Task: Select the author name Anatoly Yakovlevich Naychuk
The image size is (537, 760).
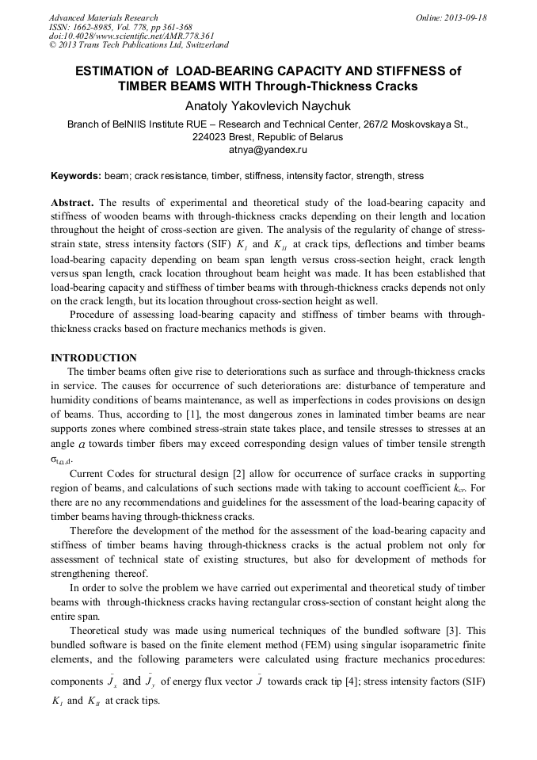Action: click(x=268, y=105)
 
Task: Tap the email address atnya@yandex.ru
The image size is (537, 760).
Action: click(x=268, y=149)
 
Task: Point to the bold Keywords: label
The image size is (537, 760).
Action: click(x=76, y=176)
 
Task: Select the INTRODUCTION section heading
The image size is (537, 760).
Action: click(x=93, y=357)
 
